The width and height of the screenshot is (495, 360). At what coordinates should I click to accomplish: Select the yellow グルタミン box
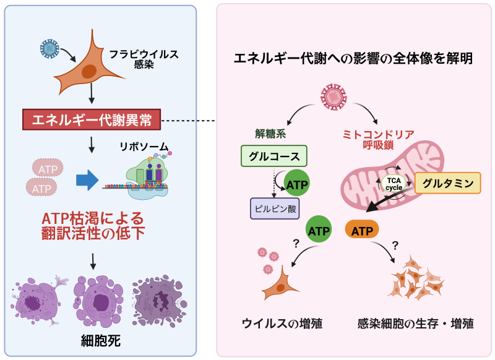click(447, 182)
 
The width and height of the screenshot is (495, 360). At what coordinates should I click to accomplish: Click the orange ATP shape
click(362, 231)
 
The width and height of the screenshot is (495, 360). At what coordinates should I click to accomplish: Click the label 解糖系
click(269, 133)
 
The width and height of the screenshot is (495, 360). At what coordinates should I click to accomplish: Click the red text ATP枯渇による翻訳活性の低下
click(92, 226)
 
